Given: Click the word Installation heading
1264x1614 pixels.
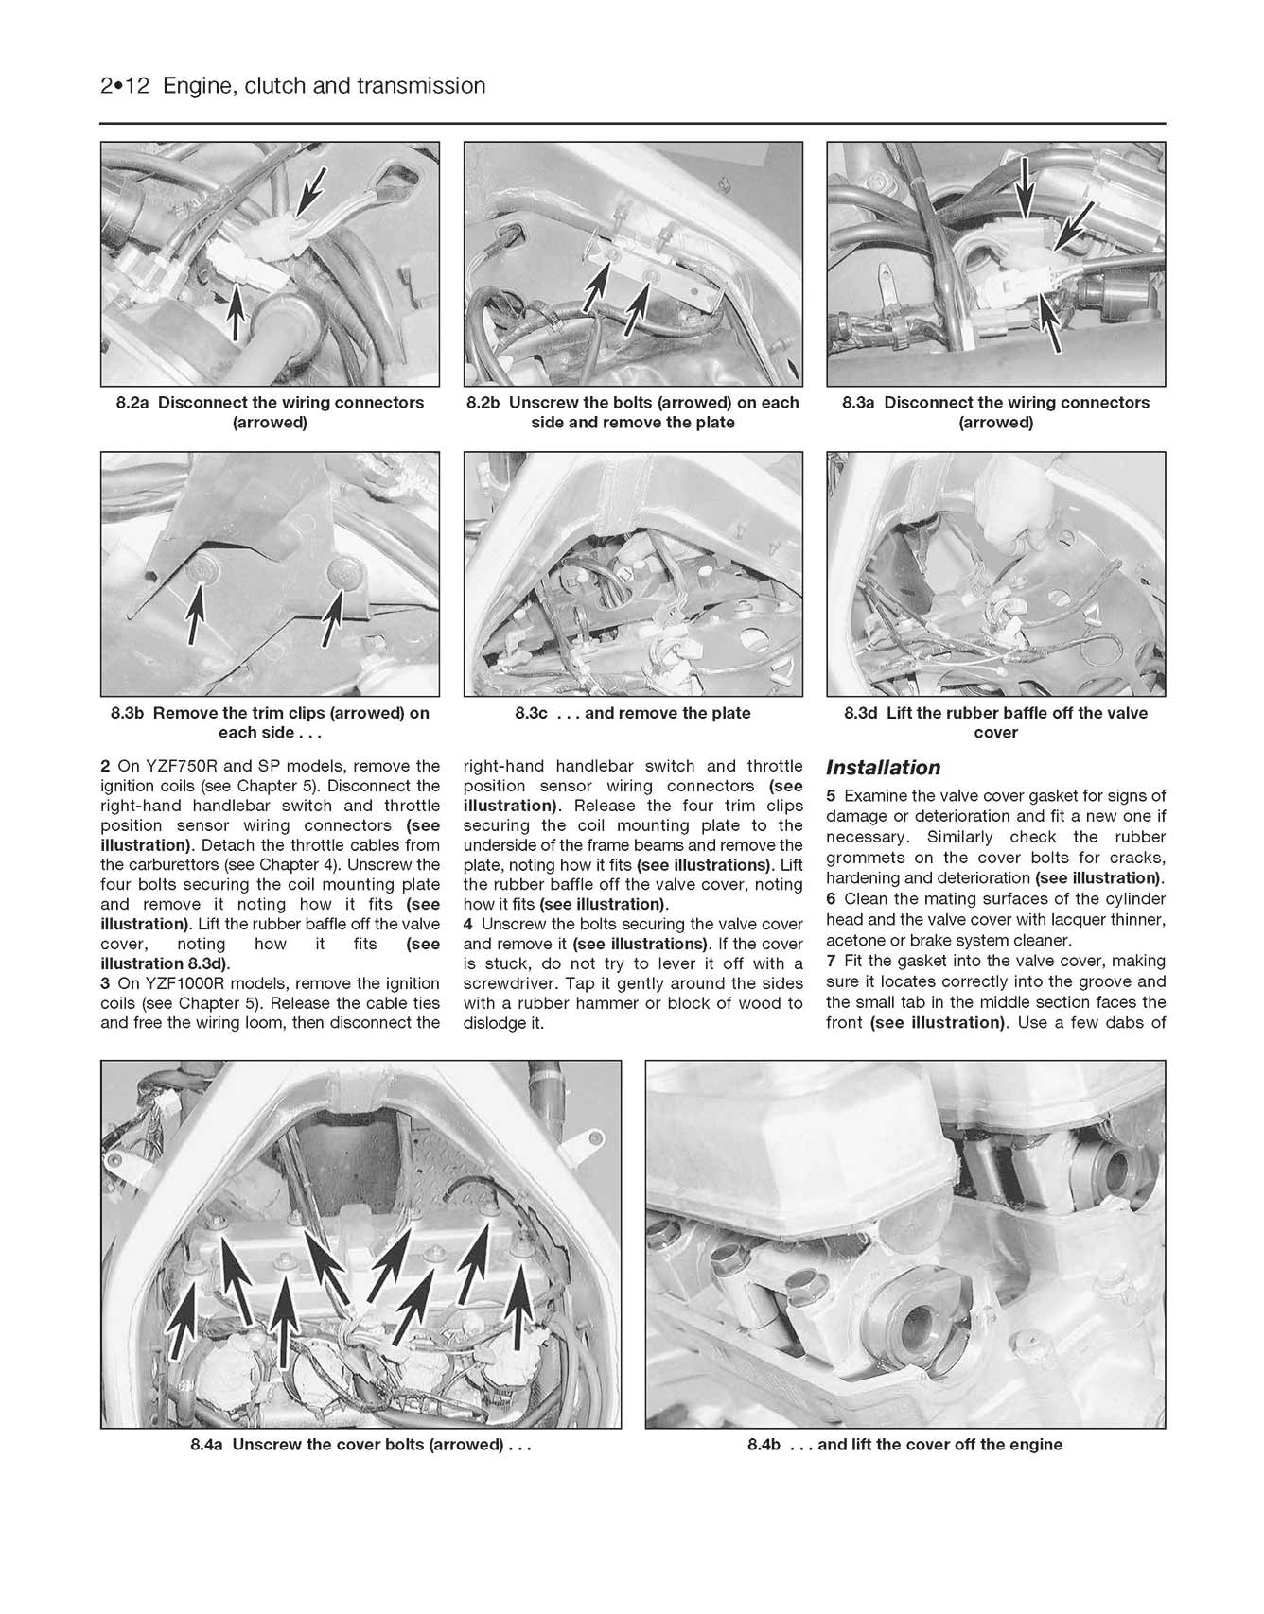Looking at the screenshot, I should (883, 768).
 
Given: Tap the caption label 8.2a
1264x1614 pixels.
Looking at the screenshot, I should (132, 403).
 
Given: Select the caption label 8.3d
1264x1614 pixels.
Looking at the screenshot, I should (861, 713).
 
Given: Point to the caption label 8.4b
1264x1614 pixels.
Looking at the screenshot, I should (764, 1445).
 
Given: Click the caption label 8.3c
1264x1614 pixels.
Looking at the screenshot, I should (532, 713).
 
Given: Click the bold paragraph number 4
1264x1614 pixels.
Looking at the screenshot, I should (468, 924).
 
